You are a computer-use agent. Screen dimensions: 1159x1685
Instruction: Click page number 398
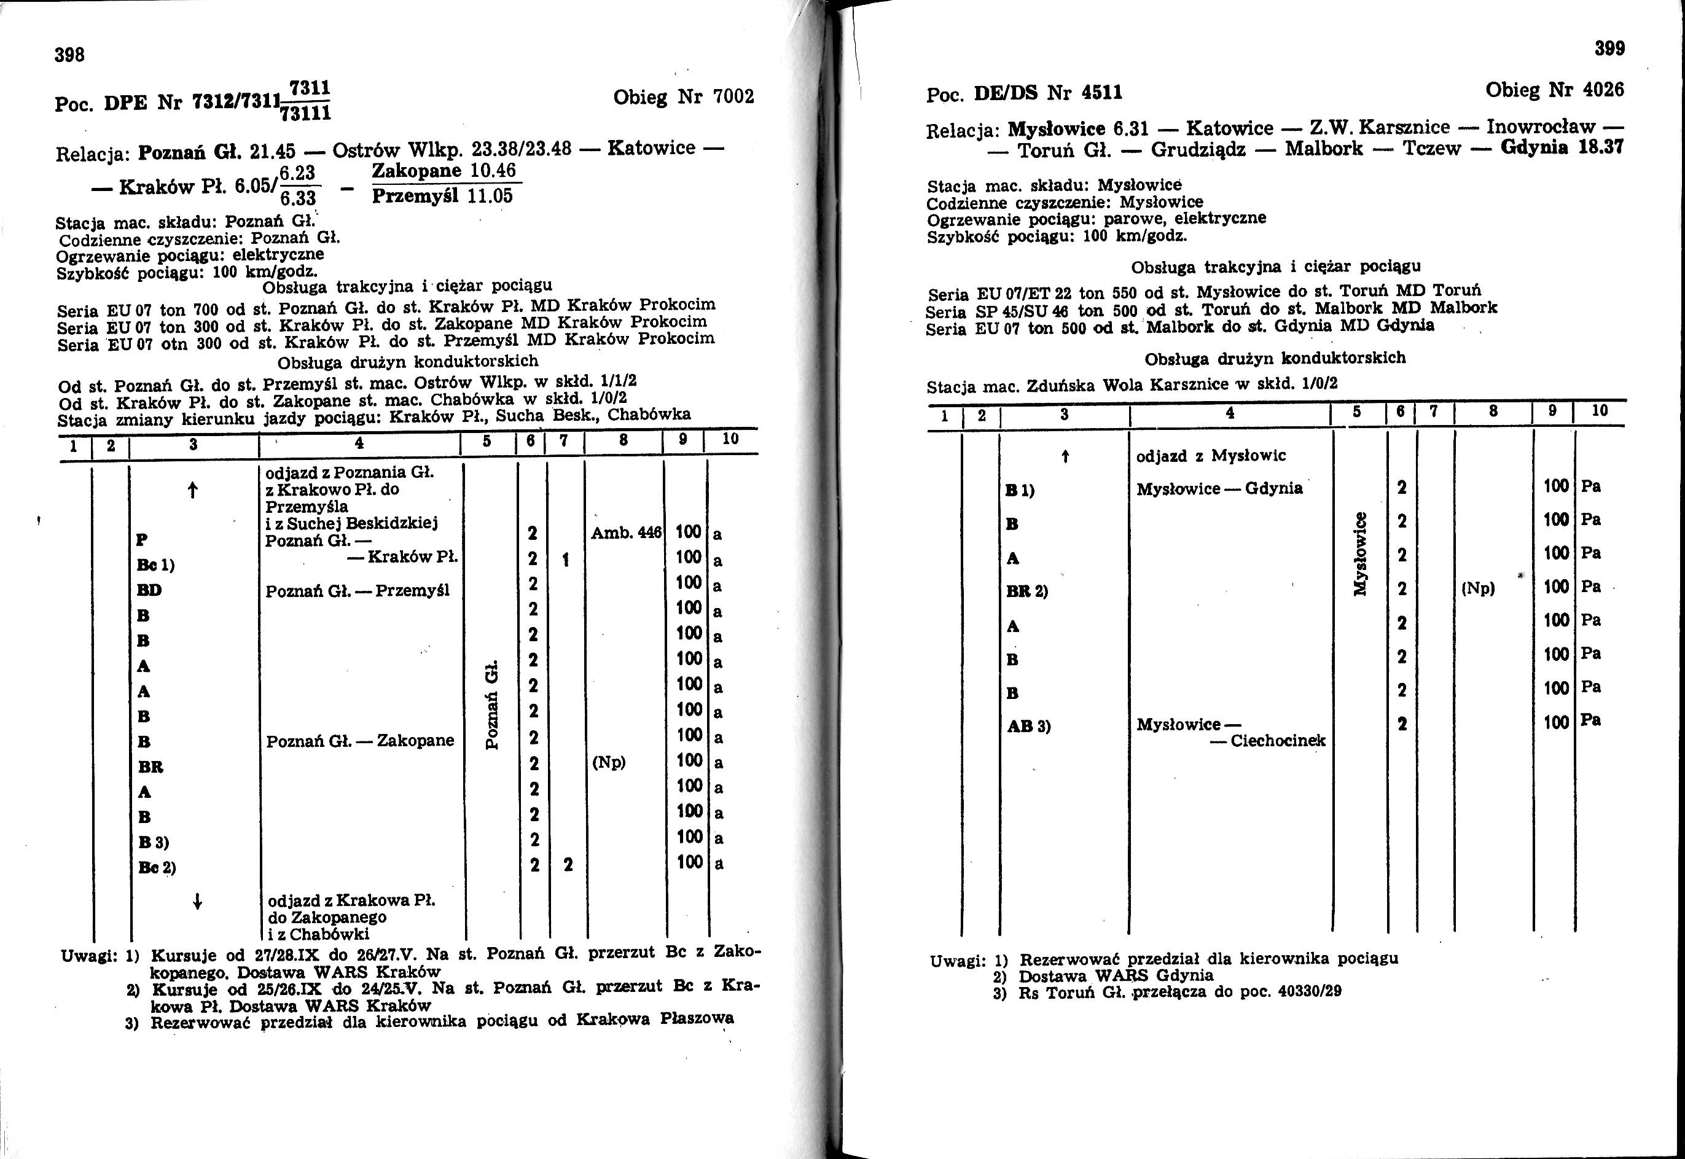[x=71, y=55]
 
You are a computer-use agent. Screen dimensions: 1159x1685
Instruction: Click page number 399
[x=1609, y=49]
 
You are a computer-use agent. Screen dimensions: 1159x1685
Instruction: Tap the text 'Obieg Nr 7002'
[x=684, y=96]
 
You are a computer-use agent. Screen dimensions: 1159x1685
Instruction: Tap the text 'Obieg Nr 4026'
[x=1554, y=90]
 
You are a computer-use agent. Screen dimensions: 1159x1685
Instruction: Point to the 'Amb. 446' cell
[x=626, y=533]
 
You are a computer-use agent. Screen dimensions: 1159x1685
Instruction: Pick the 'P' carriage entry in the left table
[x=143, y=539]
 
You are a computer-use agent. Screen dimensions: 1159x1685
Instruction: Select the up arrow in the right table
[x=1065, y=456]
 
